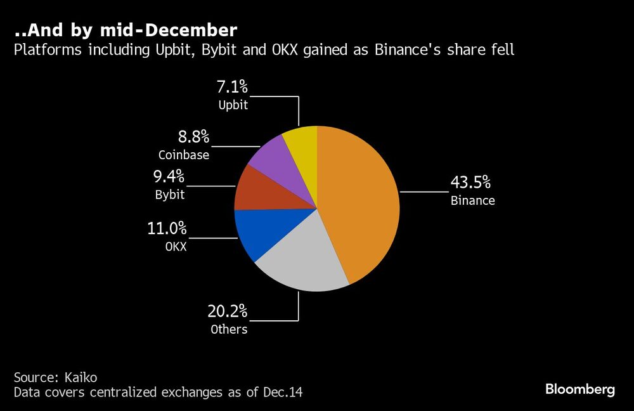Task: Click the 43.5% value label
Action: [470, 183]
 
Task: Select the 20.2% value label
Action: [228, 311]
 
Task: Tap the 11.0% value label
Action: [168, 228]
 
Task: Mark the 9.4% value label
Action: [170, 176]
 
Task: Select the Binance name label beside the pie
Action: [473, 201]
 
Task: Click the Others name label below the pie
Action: [229, 330]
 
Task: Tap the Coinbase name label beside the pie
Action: [184, 154]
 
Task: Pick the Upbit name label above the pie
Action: [233, 105]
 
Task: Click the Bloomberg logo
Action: [580, 389]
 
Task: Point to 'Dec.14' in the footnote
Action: [283, 393]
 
